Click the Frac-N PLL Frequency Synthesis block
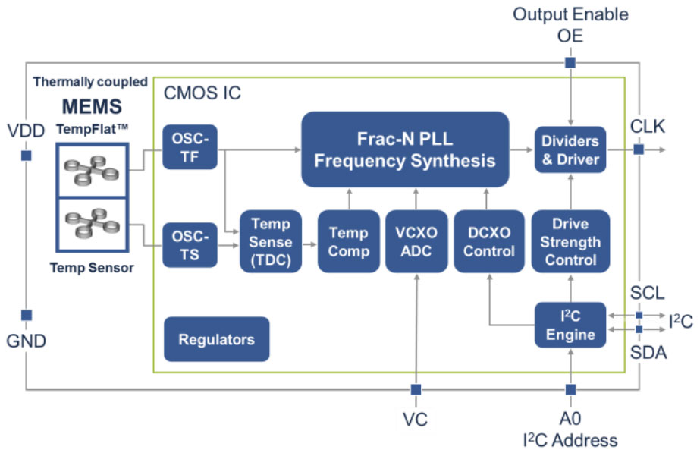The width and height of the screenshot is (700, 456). [x=404, y=149]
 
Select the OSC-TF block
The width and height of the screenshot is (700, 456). [x=190, y=146]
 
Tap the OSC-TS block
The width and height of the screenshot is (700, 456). [x=190, y=244]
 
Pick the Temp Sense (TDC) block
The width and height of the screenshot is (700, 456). [x=270, y=242]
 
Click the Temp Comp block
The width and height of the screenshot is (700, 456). [x=348, y=242]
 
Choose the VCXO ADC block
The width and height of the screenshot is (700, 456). [x=416, y=242]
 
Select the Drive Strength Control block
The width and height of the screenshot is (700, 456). [x=570, y=242]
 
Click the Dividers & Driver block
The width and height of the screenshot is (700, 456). [x=570, y=149]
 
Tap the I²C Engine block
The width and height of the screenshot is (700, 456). [x=570, y=325]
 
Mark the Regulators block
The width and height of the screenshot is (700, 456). [x=216, y=339]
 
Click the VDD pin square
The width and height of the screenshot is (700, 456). [x=27, y=156]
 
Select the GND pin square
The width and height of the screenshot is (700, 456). [x=27, y=315]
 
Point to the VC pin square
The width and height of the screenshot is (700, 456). [x=416, y=389]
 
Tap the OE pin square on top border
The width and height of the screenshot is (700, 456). [x=570, y=63]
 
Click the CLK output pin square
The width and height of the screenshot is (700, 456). [x=639, y=150]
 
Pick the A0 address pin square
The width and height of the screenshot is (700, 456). [x=570, y=389]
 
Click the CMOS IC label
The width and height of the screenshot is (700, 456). [x=202, y=94]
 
